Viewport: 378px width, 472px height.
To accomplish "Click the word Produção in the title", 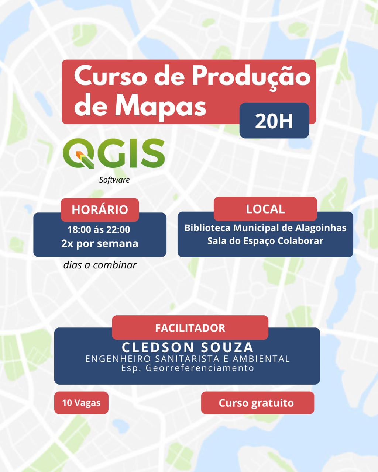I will tap(251, 77).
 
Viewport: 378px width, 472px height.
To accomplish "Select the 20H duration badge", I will tap(274, 121).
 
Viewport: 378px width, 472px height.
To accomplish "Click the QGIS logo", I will tap(114, 154).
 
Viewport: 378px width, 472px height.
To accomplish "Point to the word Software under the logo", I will tap(114, 180).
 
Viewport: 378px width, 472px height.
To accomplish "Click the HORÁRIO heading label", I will tap(100, 209).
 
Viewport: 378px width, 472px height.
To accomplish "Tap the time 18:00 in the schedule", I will tap(79, 230).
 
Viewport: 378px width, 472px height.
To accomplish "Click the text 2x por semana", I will tap(100, 243).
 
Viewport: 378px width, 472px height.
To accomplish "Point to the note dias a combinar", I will tap(100, 265).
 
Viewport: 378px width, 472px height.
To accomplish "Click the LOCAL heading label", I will tap(265, 209).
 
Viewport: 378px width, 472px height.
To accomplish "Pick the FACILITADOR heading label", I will tap(190, 328).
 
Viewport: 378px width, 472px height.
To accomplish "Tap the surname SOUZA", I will tap(227, 347).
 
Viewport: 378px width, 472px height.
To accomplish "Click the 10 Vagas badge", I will tap(81, 403).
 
